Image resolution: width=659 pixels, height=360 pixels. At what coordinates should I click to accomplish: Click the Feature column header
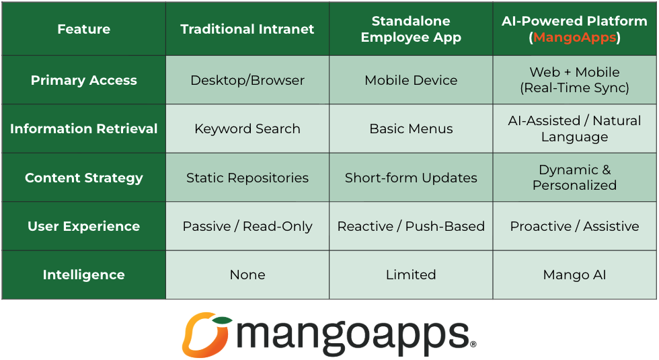pyautogui.click(x=83, y=29)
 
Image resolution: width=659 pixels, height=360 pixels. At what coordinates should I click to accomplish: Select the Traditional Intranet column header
pyautogui.click(x=247, y=29)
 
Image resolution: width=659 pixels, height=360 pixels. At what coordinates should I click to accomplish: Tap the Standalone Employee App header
pyautogui.click(x=411, y=29)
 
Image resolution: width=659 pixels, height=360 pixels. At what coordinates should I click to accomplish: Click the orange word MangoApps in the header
pyautogui.click(x=574, y=38)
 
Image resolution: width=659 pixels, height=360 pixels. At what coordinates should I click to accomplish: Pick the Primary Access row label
pyautogui.click(x=83, y=80)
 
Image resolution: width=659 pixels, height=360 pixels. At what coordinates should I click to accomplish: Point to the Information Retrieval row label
pyautogui.click(x=83, y=129)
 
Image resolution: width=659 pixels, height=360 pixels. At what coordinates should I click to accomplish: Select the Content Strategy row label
pyautogui.click(x=83, y=178)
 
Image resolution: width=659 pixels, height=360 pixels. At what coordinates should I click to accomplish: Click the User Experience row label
pyautogui.click(x=83, y=226)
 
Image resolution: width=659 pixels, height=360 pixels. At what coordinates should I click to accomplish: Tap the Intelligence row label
pyautogui.click(x=83, y=275)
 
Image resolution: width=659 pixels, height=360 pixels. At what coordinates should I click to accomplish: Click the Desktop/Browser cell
pyautogui.click(x=247, y=80)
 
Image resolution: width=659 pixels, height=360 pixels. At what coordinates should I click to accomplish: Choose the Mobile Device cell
pyautogui.click(x=411, y=80)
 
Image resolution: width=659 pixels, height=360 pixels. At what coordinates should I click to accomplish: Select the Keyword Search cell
pyautogui.click(x=247, y=129)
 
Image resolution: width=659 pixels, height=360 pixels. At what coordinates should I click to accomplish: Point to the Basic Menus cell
pyautogui.click(x=411, y=129)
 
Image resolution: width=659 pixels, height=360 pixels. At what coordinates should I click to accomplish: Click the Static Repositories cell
pyautogui.click(x=247, y=178)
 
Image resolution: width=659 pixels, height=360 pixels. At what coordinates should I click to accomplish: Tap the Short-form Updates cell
pyautogui.click(x=411, y=178)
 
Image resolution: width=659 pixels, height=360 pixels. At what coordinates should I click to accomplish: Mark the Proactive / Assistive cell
pyautogui.click(x=574, y=226)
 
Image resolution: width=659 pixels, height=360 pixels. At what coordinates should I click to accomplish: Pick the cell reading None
pyautogui.click(x=247, y=275)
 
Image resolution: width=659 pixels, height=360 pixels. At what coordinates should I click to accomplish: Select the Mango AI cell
pyautogui.click(x=574, y=275)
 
